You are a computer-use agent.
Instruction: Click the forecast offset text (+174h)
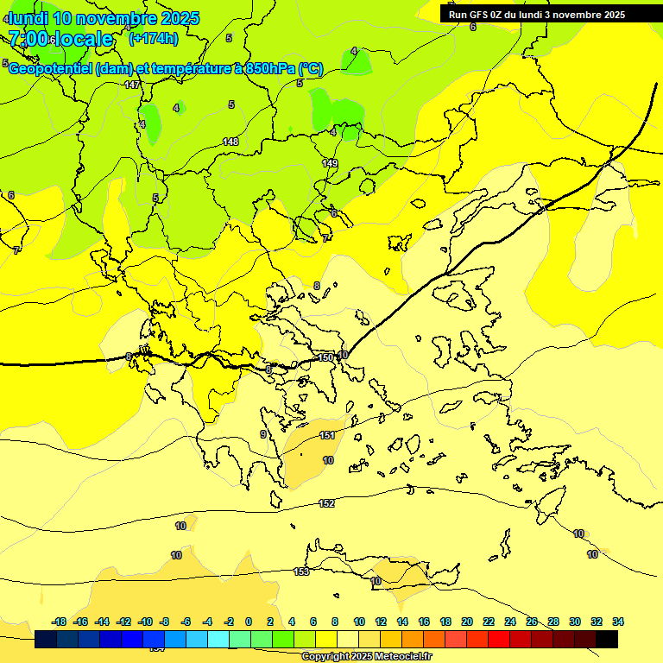click(153, 38)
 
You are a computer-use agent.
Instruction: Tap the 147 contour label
click(132, 85)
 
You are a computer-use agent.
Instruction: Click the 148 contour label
click(230, 142)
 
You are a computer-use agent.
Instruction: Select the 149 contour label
click(330, 163)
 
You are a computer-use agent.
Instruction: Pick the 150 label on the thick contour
click(325, 357)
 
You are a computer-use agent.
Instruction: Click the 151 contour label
click(327, 436)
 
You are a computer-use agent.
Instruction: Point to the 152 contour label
click(326, 503)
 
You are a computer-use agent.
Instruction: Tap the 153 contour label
click(301, 571)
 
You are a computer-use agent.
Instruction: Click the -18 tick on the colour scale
click(60, 622)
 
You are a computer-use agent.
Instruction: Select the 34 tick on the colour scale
click(618, 622)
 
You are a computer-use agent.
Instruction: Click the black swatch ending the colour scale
click(607, 640)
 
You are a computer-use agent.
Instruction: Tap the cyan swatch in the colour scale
click(218, 640)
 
